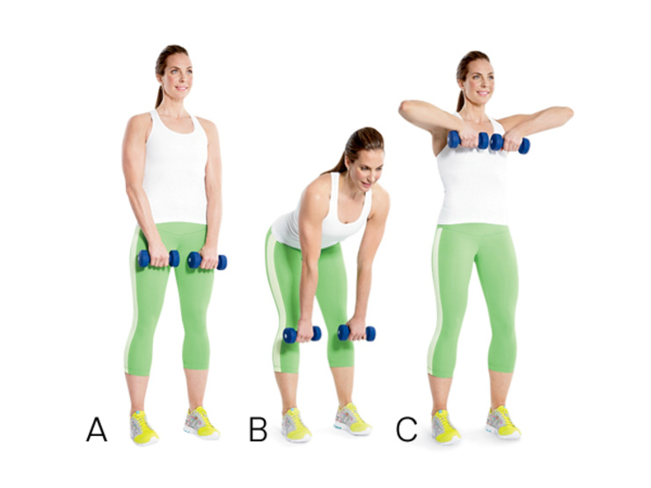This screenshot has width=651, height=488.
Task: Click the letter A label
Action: (97, 429)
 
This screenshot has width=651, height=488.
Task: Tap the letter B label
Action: (258, 429)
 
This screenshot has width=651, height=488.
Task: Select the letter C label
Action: (406, 429)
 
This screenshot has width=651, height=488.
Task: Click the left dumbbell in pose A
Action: (158, 259)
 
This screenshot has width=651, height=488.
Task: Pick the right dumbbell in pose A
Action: (207, 261)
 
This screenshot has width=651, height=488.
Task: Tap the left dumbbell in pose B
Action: (303, 334)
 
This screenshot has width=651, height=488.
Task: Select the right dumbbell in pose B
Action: (356, 332)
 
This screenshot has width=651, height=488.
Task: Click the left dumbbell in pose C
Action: (468, 140)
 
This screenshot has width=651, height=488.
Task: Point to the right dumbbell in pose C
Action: (510, 143)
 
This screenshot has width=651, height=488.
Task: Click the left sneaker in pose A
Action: (143, 428)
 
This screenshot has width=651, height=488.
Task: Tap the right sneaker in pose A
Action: (201, 423)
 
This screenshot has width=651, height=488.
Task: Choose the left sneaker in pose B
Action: (296, 425)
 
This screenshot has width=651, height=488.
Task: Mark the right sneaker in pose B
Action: (353, 419)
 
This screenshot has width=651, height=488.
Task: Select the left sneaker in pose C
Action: (445, 427)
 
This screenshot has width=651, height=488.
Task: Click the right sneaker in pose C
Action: (503, 422)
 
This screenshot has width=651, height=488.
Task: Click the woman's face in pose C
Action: (479, 81)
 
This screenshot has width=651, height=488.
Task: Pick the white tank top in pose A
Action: (175, 167)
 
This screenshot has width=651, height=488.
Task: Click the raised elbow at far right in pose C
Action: (567, 113)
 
